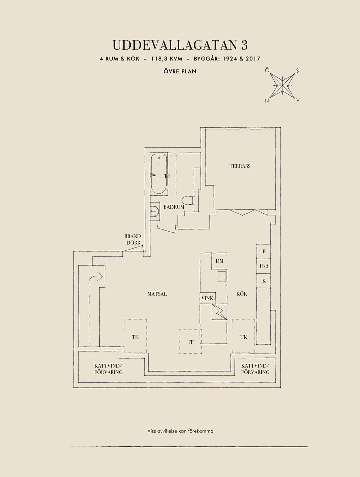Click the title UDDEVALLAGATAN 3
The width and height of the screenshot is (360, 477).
pyautogui.click(x=180, y=45)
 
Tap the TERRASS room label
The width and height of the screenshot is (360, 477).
pyautogui.click(x=240, y=166)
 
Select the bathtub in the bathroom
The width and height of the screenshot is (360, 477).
pyautogui.click(x=158, y=174)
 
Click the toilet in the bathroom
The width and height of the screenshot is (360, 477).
pyautogui.click(x=187, y=200)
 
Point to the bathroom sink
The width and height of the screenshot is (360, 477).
pyautogui.click(x=155, y=212)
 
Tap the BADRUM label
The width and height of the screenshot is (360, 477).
pyautogui.click(x=174, y=207)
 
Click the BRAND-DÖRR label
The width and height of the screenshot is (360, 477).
pyautogui.click(x=133, y=240)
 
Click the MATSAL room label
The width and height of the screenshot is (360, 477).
pyautogui.click(x=157, y=294)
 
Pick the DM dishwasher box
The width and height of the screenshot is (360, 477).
pyautogui.click(x=220, y=261)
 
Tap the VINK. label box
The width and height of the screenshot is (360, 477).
pyautogui.click(x=208, y=298)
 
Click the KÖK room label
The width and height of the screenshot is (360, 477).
pyautogui.click(x=242, y=294)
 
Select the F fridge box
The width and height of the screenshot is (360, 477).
pyautogui.click(x=264, y=251)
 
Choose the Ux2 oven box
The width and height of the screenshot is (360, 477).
pyautogui.click(x=264, y=266)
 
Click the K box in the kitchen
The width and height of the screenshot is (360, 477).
pyautogui.click(x=264, y=281)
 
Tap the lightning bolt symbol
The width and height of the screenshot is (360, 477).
pyautogui.click(x=220, y=312)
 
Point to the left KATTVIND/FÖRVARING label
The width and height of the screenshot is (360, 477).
pyautogui.click(x=108, y=369)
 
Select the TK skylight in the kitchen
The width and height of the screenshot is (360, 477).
pyautogui.click(x=244, y=337)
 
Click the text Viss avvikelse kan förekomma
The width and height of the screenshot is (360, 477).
pyautogui.click(x=180, y=431)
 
